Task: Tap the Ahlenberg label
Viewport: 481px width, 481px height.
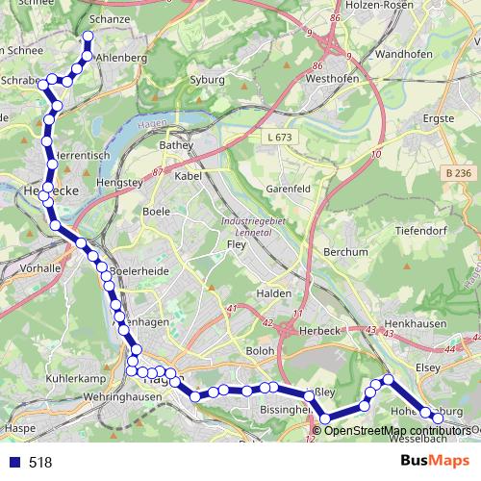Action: point(121,58)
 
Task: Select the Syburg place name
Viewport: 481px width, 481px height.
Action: point(207,80)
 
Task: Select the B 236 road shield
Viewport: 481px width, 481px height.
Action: point(460,172)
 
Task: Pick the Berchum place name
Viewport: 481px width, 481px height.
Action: point(345,252)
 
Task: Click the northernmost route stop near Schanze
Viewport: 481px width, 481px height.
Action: point(88,38)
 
